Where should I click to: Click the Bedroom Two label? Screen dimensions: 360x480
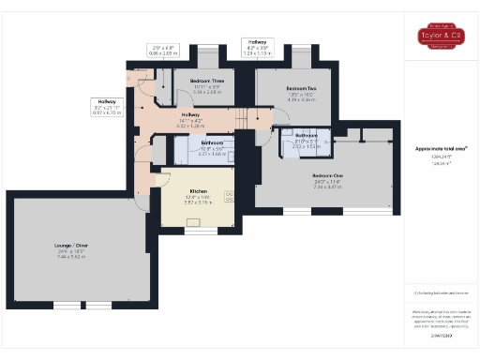(299, 88)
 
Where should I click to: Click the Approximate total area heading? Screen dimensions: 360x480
(441, 149)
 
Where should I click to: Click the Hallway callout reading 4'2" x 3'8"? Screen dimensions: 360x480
(256, 48)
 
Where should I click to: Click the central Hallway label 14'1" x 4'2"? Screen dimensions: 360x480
(190, 121)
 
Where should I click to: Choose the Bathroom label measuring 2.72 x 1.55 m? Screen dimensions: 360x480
(307, 141)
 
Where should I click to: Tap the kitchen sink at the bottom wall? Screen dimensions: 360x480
(199, 223)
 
